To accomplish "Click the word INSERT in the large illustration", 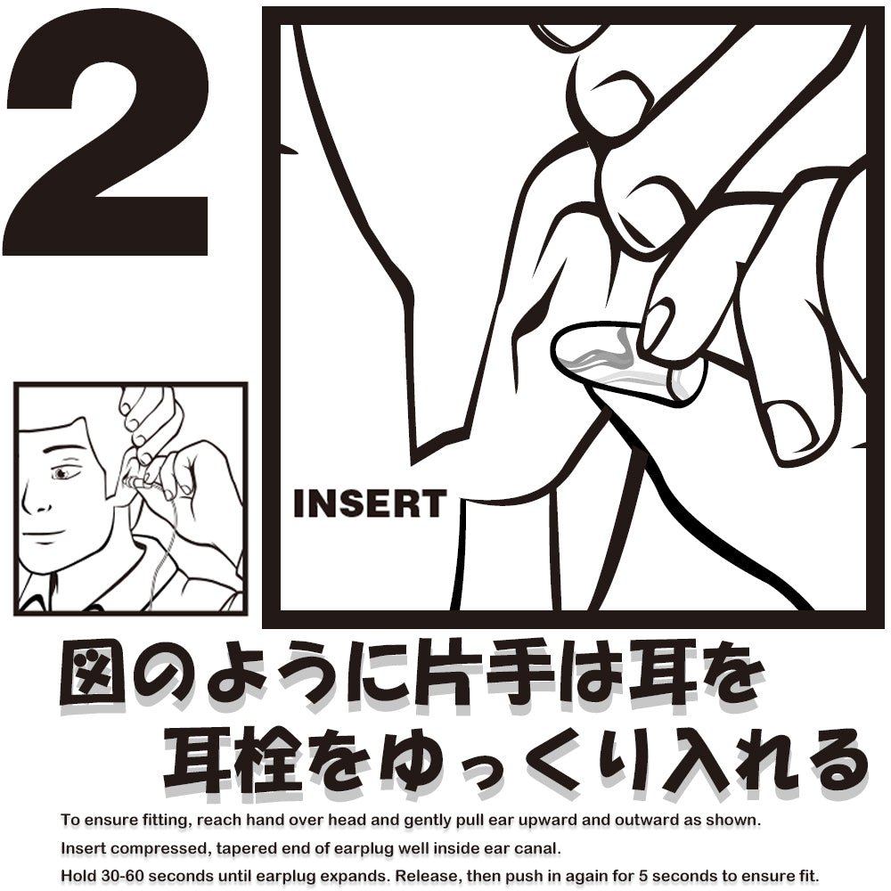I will pos(369,504).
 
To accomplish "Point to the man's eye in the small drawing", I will pos(61,473).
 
